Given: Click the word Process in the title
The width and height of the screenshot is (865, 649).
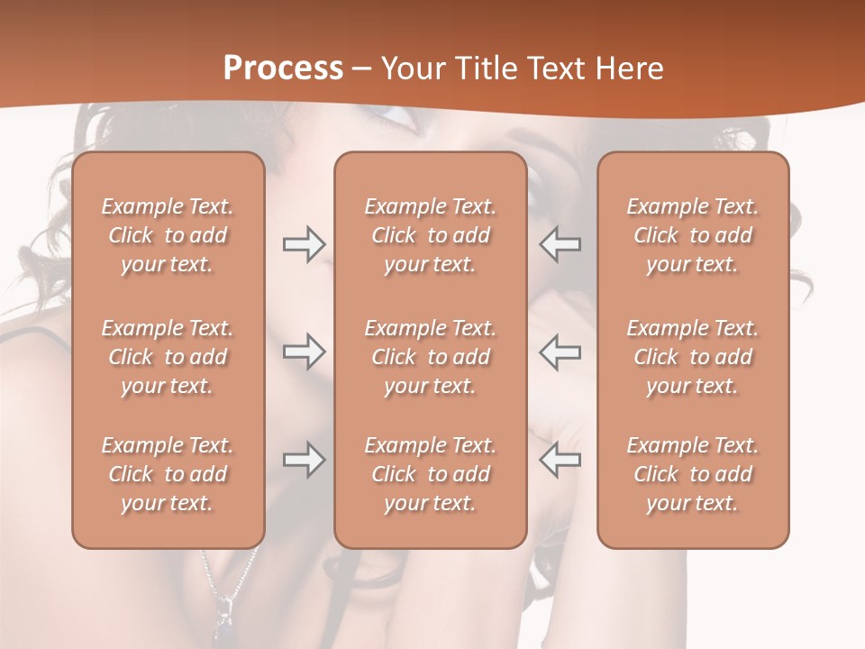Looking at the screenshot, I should pyautogui.click(x=283, y=69).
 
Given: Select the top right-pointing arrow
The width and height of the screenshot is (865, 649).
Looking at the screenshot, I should pyautogui.click(x=304, y=244).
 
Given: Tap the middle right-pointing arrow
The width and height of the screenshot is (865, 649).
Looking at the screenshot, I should pyautogui.click(x=304, y=352).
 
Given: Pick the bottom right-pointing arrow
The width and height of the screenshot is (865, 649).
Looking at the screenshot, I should pyautogui.click(x=304, y=461).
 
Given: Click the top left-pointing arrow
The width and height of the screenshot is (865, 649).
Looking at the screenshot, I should pyautogui.click(x=560, y=244).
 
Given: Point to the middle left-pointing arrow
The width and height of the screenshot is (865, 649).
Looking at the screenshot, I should pyautogui.click(x=560, y=352).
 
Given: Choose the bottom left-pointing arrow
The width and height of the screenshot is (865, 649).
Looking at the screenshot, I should pyautogui.click(x=560, y=461).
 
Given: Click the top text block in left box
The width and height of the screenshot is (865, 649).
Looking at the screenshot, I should pyautogui.click(x=168, y=235).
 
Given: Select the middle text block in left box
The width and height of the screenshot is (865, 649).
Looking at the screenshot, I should pyautogui.click(x=168, y=357).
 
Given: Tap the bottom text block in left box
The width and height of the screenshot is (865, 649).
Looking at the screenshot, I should pyautogui.click(x=168, y=474).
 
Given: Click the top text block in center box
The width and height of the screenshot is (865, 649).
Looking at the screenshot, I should pyautogui.click(x=431, y=235).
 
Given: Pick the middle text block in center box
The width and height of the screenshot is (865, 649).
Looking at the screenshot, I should pyautogui.click(x=431, y=357).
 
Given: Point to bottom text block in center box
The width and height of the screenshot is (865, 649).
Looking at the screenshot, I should pyautogui.click(x=431, y=474).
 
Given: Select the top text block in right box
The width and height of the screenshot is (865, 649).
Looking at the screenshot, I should pyautogui.click(x=693, y=235).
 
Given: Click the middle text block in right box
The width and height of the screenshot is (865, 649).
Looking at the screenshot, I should pyautogui.click(x=693, y=357).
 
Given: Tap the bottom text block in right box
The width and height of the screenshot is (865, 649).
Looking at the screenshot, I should pyautogui.click(x=693, y=474).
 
